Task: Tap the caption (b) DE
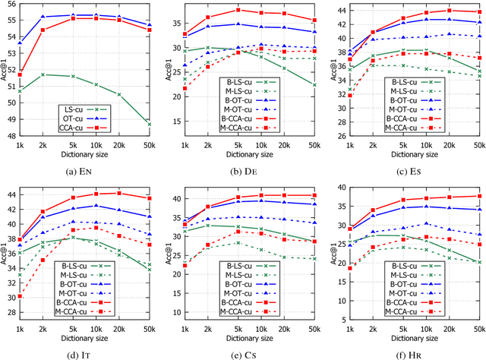tap(245, 169)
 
